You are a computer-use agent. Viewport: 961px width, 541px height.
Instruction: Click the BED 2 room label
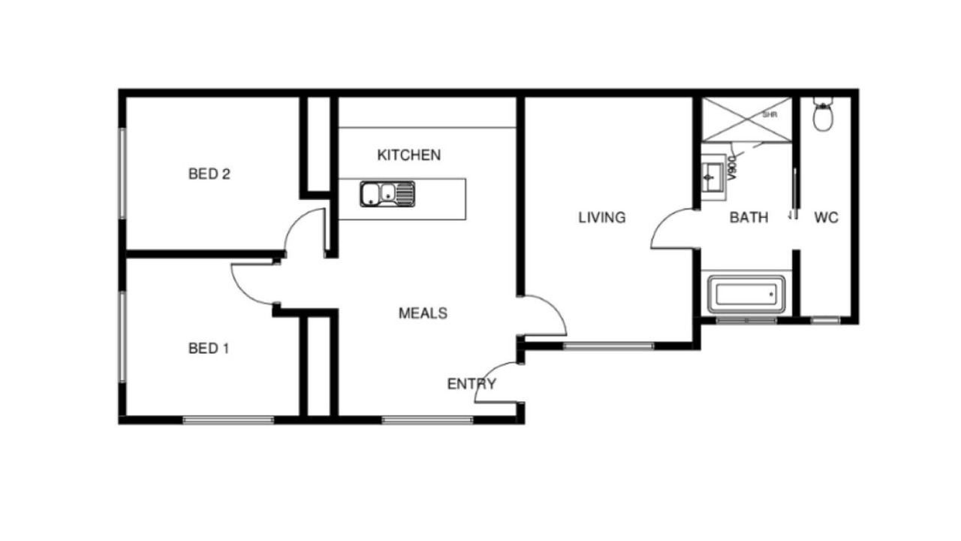point(209,174)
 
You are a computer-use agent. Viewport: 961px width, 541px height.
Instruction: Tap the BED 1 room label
point(209,348)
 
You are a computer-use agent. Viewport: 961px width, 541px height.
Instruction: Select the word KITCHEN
point(409,155)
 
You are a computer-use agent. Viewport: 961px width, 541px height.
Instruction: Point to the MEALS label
point(423,313)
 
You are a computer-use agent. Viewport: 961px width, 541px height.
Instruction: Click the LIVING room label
point(602,218)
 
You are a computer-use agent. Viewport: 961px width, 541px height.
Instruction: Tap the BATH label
point(749,218)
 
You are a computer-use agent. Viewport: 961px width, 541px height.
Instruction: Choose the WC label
point(827,218)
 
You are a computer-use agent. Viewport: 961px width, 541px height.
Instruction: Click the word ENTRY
point(471,384)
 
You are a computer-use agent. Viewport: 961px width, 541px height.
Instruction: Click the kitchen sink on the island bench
point(387,194)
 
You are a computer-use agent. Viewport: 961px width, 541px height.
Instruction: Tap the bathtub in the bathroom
point(746,295)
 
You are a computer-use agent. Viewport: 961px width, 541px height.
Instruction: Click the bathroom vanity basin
point(712,177)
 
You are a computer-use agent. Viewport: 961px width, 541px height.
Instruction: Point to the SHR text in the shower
point(770,115)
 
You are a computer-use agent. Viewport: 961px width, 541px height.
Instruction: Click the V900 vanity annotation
point(732,168)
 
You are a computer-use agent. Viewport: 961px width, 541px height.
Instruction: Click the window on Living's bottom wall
point(609,346)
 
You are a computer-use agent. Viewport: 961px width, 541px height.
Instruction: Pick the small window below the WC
point(825,320)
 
